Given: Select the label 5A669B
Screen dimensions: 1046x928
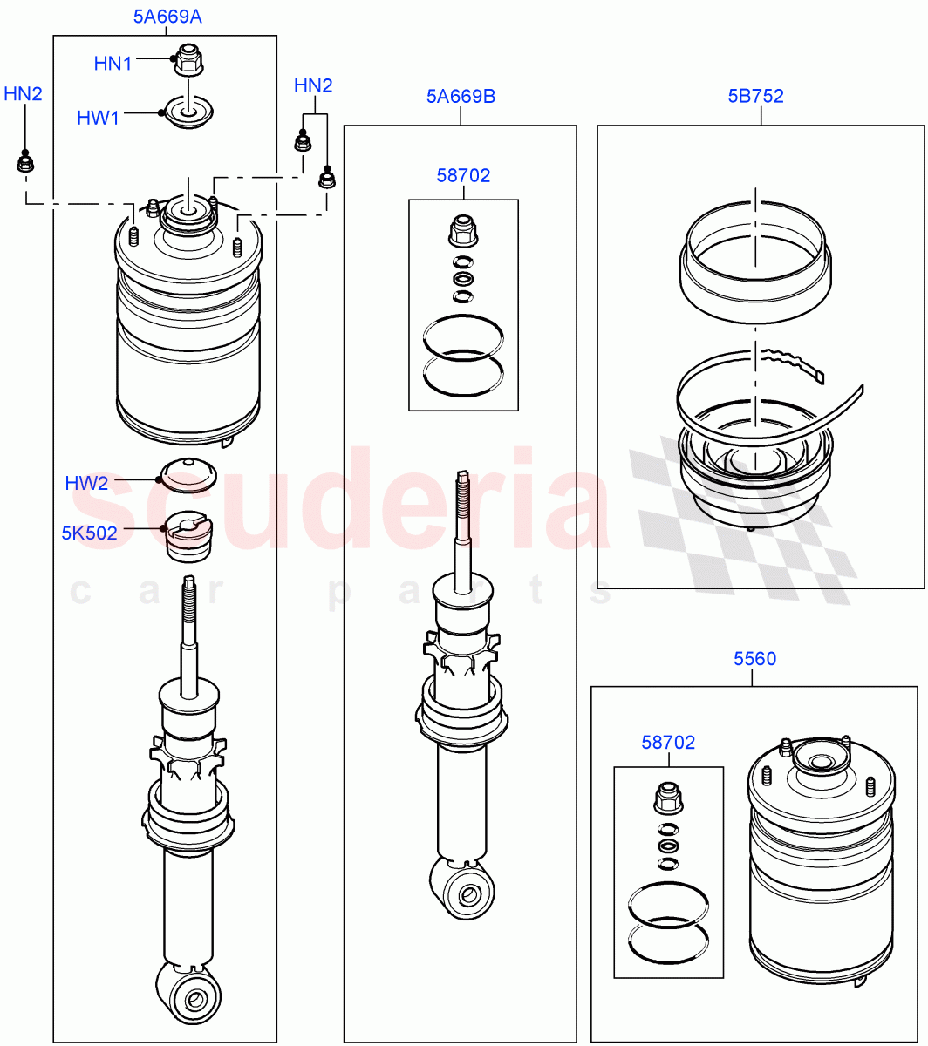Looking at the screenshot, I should tap(461, 96).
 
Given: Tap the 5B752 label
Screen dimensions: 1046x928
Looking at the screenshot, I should tap(755, 96).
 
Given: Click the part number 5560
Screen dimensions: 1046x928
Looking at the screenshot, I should tap(754, 659).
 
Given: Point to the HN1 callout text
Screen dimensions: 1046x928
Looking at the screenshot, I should tap(113, 64).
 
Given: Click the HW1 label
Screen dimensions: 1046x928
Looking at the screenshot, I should tap(98, 118).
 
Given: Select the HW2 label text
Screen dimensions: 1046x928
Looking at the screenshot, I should tap(86, 483).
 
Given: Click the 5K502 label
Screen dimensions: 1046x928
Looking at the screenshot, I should tap(89, 533).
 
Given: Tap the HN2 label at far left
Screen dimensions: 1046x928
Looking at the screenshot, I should tap(23, 93).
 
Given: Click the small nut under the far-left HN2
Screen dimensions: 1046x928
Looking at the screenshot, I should tap(25, 162).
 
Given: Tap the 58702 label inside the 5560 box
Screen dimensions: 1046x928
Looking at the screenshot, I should tap(668, 743).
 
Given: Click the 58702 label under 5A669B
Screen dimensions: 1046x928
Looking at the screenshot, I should tap(463, 176).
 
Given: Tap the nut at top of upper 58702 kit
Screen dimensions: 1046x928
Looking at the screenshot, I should tap(462, 230).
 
